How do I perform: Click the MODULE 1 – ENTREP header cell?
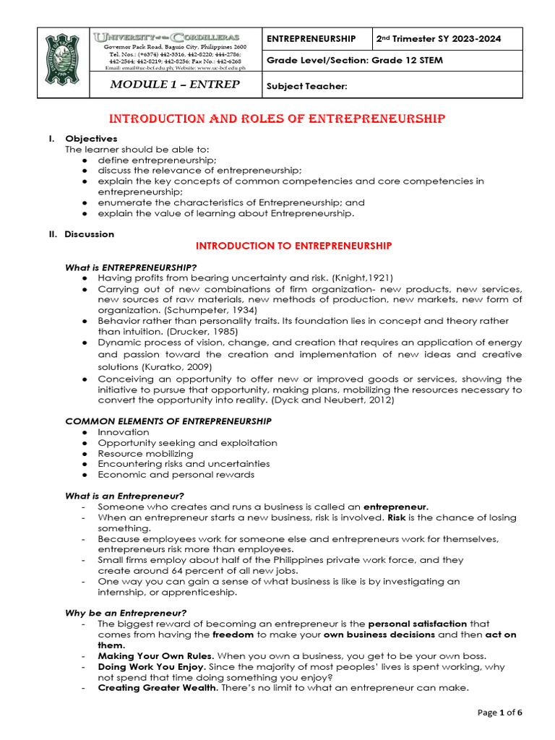(174, 85)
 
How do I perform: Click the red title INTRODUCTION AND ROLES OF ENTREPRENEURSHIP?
(277, 119)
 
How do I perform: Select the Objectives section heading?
(91, 139)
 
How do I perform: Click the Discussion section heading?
(89, 234)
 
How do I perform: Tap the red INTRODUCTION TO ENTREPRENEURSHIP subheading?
(294, 246)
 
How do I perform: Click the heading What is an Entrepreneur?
(125, 496)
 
